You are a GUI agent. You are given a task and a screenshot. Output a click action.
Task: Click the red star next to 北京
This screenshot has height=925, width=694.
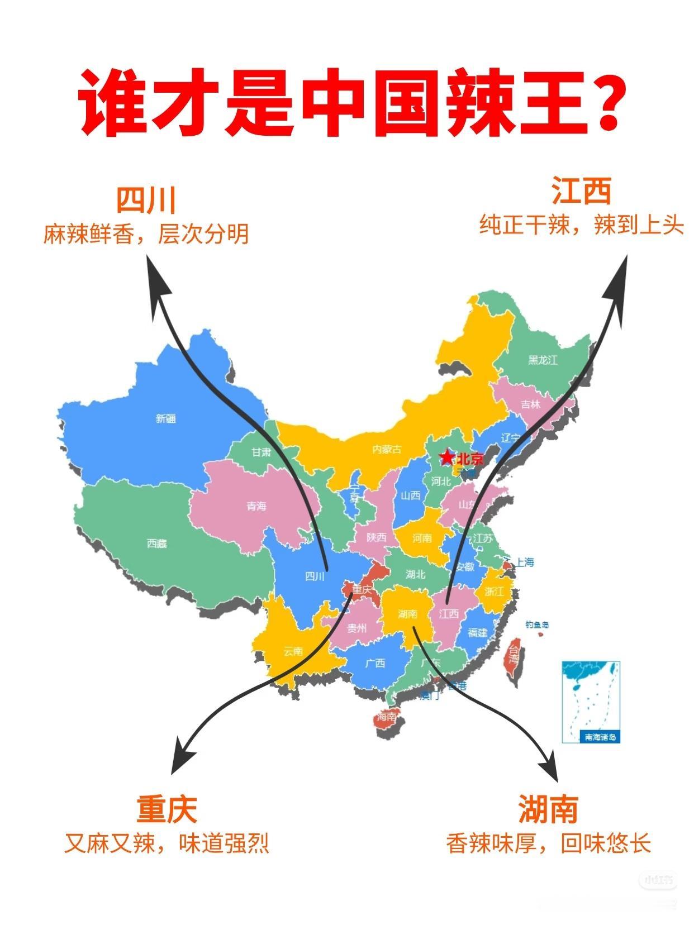pos(446,457)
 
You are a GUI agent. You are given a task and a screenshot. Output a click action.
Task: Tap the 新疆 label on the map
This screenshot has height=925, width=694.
pos(165,418)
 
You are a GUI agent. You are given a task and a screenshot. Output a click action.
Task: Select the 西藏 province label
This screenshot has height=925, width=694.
pos(156,543)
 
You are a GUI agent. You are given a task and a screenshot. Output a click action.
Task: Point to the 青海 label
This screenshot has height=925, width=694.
pos(256,506)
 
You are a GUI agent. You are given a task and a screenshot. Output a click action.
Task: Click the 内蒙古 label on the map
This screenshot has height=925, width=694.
pos(387,449)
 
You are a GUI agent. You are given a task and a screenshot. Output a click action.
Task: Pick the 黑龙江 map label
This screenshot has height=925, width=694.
pos(543,360)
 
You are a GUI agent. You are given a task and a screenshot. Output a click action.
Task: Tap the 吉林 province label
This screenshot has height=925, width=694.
pos(530,404)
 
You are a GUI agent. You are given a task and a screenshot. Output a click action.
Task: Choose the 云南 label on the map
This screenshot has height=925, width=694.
pos(293,651)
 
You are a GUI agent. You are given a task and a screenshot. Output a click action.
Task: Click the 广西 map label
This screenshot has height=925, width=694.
pos(375,663)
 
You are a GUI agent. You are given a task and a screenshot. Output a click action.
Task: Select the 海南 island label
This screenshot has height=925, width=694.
pos(386,717)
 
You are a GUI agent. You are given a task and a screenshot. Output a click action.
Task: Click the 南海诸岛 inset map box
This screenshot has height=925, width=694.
pos(591,701)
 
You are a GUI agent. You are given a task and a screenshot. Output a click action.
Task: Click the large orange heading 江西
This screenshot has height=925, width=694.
pos(581,192)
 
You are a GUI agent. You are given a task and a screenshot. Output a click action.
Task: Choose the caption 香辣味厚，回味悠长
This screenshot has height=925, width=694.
pos(548,843)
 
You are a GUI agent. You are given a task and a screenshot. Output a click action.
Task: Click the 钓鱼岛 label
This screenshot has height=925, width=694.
pos(536,624)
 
